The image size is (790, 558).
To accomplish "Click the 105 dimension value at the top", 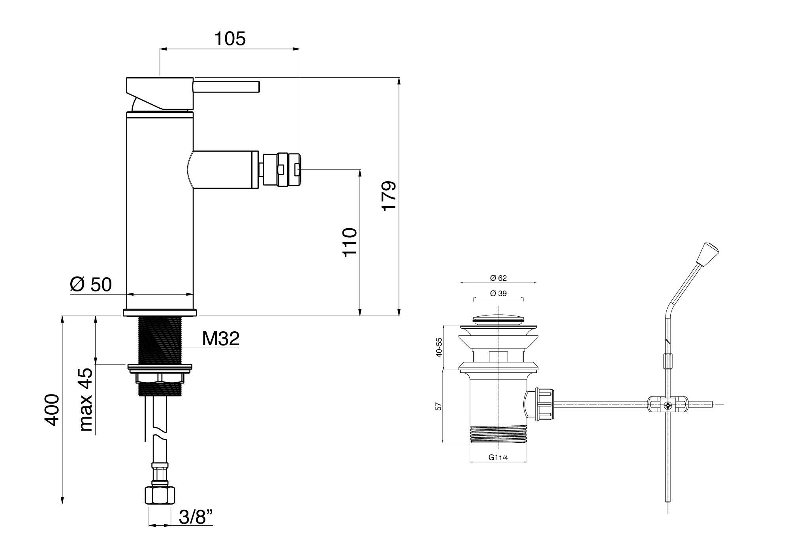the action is [230, 39].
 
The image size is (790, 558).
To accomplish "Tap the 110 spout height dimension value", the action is [350, 242].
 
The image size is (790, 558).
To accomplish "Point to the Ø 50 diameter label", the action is [91, 284].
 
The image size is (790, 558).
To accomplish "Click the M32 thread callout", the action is [221, 338].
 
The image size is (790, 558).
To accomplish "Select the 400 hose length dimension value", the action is [52, 410].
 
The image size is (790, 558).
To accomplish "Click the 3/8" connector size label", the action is [196, 517].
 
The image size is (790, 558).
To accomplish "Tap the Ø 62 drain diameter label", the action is [498, 278].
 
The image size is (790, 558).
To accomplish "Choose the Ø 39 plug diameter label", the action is [498, 293].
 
